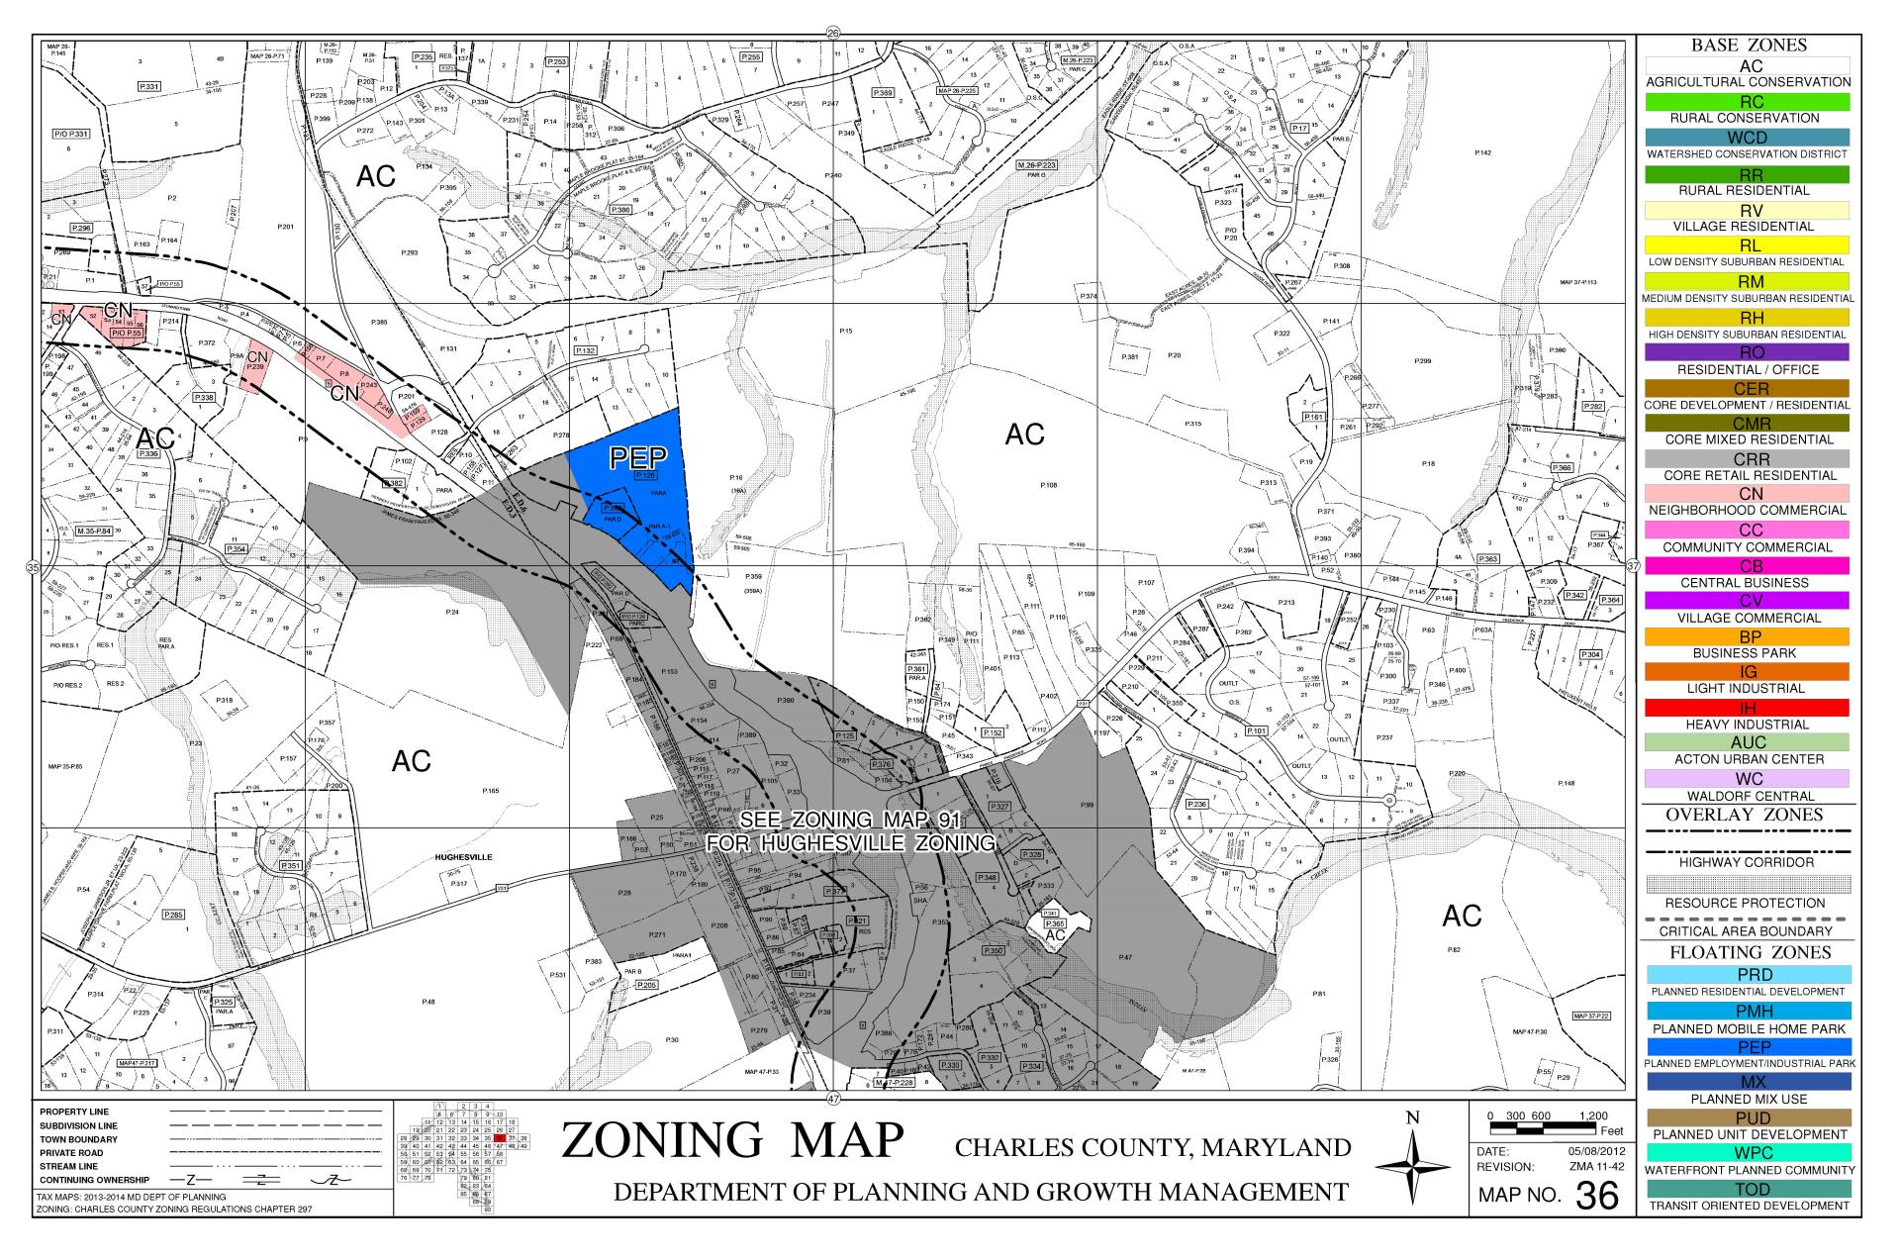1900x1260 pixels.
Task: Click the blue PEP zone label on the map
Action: click(638, 457)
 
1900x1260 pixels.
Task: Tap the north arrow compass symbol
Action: click(1412, 1168)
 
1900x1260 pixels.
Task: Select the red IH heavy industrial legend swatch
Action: click(1748, 708)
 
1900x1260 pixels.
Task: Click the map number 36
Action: click(1596, 1196)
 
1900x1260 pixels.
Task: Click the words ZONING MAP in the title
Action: click(732, 1141)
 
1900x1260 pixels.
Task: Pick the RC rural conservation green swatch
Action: click(1748, 102)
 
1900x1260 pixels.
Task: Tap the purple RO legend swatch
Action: click(1748, 352)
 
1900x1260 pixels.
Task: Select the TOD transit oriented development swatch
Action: click(1748, 1189)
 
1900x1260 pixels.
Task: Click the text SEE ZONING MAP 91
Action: click(851, 822)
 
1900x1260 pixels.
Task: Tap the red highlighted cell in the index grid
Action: click(500, 1138)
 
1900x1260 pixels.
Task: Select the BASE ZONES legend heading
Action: click(1748, 46)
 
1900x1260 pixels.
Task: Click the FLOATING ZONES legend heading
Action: click(1748, 952)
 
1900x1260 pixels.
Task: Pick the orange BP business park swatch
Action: click(1748, 636)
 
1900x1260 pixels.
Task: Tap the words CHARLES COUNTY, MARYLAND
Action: click(1153, 1148)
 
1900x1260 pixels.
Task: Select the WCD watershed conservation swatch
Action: click(1748, 138)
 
